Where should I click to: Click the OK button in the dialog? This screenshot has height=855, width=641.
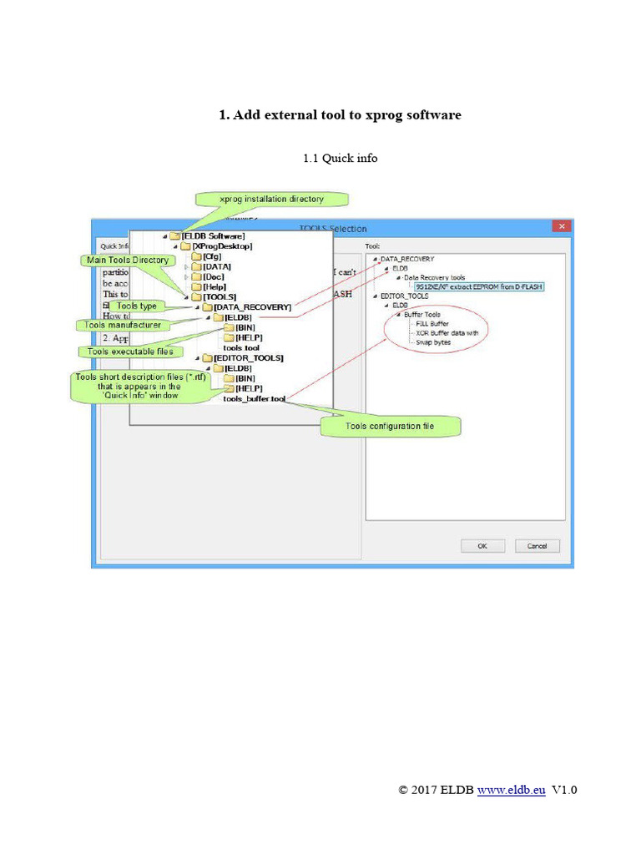482,545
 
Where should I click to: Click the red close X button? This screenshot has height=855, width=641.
563,226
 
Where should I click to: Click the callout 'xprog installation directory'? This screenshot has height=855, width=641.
271,200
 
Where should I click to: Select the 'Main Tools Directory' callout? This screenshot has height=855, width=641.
128,261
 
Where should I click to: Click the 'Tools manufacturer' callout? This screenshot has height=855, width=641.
122,325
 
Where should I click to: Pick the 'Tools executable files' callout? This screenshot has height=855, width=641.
130,352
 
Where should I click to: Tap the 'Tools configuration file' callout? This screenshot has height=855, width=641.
390,427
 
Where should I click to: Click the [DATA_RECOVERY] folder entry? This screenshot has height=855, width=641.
252,307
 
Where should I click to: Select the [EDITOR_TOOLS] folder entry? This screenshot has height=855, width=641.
248,357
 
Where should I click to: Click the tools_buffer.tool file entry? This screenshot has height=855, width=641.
254,399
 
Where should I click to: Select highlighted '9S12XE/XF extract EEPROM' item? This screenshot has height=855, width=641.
478,286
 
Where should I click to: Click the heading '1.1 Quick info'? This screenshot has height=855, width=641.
340,158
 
